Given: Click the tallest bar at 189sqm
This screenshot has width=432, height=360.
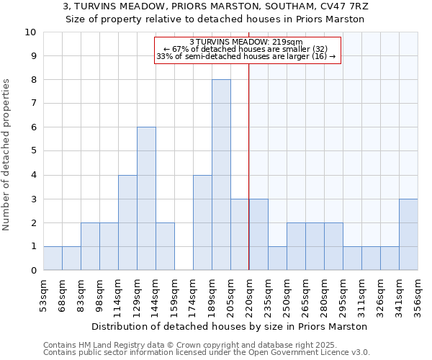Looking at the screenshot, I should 221,175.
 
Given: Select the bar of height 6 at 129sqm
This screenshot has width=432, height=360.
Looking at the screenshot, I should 146,199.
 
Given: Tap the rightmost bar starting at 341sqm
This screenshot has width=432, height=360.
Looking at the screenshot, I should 408,235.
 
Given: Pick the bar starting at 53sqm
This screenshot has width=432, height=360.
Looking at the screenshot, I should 53,258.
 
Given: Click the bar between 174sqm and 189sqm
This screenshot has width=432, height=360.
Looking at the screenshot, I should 202,222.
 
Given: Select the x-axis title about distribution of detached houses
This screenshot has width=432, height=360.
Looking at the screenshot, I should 230,326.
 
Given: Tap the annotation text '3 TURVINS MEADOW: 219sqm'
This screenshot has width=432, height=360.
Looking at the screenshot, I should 246,42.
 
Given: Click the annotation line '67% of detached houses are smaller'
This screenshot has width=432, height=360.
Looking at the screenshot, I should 246,49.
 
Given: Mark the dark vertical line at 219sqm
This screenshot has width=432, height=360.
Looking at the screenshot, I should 248,180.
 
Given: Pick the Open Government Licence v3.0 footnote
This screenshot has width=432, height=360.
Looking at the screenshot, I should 207,353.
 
